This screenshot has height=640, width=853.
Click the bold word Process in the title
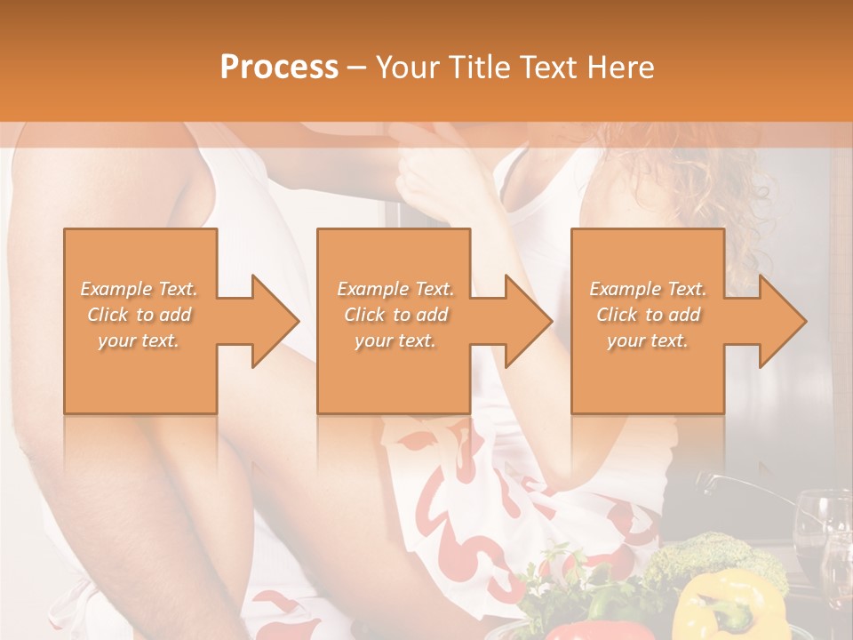[x=279, y=68]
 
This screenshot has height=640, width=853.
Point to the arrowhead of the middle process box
[x=528, y=321]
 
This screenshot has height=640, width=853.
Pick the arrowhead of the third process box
[x=782, y=321]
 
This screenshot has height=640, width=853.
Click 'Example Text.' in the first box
[x=140, y=289]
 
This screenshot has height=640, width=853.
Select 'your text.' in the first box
[x=140, y=340]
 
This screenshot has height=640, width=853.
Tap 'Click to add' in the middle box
[x=395, y=315]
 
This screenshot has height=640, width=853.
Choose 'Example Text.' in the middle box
[x=395, y=289]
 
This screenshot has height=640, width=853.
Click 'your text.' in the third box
[x=648, y=340]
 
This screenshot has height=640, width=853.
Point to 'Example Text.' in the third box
[x=648, y=289]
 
